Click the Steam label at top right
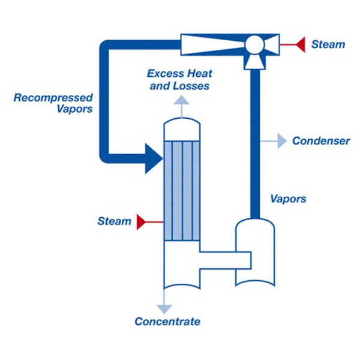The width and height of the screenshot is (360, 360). tap(328, 44)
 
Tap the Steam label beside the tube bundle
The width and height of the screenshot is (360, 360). tap(114, 221)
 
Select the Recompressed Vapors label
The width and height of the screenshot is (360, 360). tap(53, 103)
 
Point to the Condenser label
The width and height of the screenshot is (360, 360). tap(321, 142)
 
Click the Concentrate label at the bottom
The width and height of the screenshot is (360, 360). tap(167, 322)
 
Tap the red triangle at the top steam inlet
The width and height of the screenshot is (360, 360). tap(298, 44)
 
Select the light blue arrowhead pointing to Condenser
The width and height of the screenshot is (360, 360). tap(281, 142)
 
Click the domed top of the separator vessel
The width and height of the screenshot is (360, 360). tap(255, 228)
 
